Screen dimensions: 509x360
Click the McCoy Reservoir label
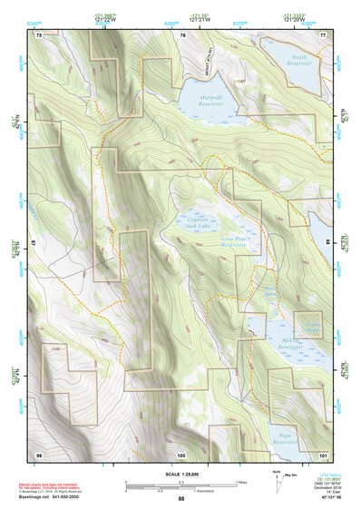click(x=289, y=344)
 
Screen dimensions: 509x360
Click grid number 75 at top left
click(x=39, y=34)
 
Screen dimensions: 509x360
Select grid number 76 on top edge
click(x=182, y=34)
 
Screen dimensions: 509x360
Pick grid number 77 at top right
click(x=323, y=34)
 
